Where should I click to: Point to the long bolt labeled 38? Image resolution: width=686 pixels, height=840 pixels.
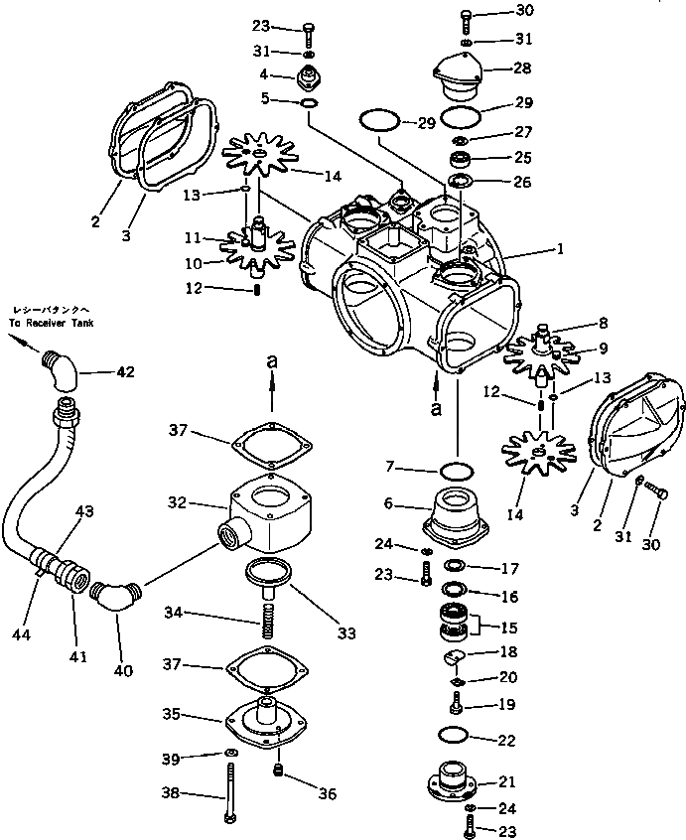pos(229,793)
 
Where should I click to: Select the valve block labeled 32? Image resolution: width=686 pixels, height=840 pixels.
pos(265,515)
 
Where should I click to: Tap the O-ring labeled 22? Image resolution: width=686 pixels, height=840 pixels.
pos(454,736)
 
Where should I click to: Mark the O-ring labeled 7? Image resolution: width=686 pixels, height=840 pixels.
pos(457,468)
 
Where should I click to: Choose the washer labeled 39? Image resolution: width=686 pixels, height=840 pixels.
pos(229,752)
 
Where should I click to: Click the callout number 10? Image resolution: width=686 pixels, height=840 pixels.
pos(192,263)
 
